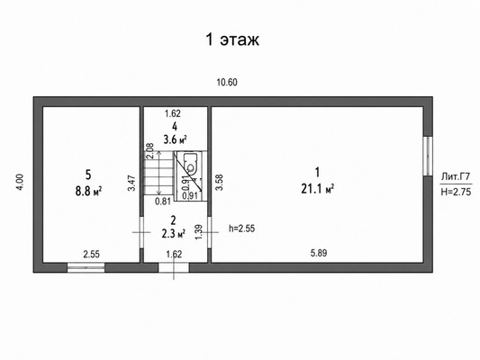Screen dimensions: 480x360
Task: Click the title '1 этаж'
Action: [x=232, y=40]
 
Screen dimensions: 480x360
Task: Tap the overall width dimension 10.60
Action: [x=227, y=82]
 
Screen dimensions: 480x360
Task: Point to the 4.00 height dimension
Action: [x=20, y=183]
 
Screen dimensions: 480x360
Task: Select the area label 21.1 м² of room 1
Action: [x=318, y=189]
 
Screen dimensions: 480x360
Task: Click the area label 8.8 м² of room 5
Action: [x=88, y=192]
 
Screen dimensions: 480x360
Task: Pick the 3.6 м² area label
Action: [x=175, y=139]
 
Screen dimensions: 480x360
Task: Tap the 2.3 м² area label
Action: [x=174, y=234]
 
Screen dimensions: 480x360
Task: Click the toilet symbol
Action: [x=191, y=163]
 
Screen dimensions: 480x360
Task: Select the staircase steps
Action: [x=158, y=173]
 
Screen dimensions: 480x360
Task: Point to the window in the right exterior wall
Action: [x=428, y=156]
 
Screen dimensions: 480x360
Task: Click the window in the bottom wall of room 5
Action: [x=86, y=267]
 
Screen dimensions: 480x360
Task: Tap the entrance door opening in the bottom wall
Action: [x=174, y=267]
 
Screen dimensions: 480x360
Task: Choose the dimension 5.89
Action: [x=319, y=253]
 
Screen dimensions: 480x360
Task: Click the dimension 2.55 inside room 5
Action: [x=92, y=254]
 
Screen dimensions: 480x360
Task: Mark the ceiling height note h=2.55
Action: [x=242, y=229]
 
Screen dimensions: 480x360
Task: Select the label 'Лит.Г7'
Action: [x=456, y=176]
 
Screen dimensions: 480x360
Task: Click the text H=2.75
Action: [x=456, y=192]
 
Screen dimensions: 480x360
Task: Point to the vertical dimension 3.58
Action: [x=220, y=183]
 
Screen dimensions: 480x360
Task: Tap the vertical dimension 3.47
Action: [x=131, y=183]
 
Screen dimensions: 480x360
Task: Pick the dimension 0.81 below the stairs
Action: [x=163, y=202]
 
